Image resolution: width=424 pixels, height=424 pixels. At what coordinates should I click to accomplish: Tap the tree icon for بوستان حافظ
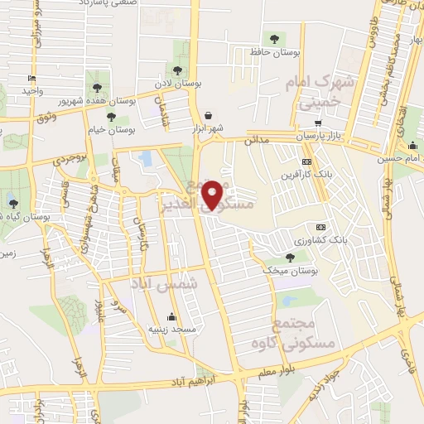point(274,38)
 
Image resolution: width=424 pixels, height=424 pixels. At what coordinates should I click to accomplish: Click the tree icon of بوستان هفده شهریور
point(97,87)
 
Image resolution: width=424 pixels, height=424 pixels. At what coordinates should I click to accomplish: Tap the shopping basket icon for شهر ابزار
point(208,116)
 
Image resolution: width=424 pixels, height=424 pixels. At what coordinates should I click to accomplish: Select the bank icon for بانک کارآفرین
point(306,162)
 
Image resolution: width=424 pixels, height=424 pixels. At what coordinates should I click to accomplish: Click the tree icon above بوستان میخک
point(289,258)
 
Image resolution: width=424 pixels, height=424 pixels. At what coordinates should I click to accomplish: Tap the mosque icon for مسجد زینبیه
point(171,316)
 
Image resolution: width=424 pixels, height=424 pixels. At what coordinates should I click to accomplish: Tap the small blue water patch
point(146,157)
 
